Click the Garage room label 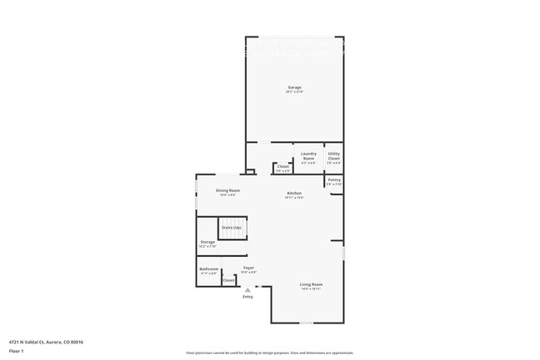coord(294,87)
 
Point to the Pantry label coord(334,180)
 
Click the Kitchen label coord(294,193)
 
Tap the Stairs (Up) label coord(231,227)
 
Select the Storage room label coord(208,242)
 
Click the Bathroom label coord(209,269)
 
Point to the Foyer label coord(248,268)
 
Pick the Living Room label coord(311,284)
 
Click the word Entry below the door coord(248,297)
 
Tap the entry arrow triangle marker coord(248,289)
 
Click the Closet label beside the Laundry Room coord(283,166)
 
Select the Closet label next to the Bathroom coord(228,280)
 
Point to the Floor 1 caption coord(17,351)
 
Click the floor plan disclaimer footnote coord(270,353)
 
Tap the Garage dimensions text coord(294,91)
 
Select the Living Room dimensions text coord(311,288)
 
